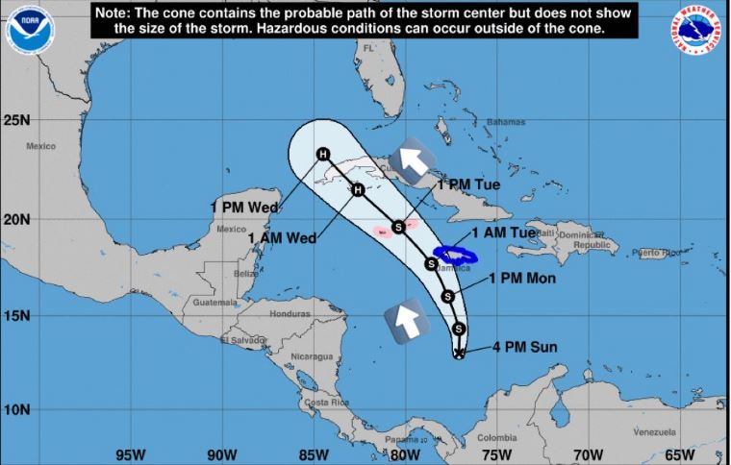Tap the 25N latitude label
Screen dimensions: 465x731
16,121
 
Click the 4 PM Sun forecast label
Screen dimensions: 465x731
524,347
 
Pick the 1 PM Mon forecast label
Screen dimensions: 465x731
519,279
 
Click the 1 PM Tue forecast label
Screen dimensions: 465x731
468,184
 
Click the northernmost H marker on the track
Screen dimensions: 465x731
323,155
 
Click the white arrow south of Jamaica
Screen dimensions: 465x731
405,321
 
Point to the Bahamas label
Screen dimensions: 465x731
506,122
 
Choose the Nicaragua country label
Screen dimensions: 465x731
312,356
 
